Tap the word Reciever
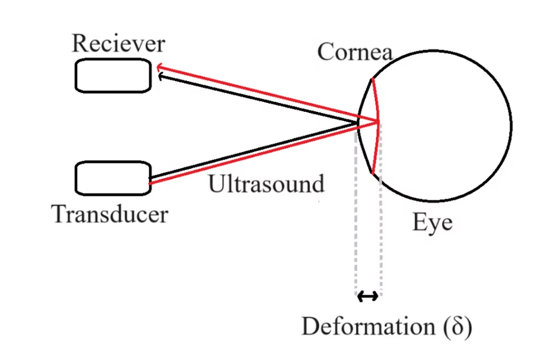pos(118,44)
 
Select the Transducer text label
pos(110,214)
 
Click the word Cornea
pos(355,52)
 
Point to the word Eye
pos(432,223)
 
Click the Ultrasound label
pos(266,184)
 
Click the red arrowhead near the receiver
pos(159,69)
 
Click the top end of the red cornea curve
pos(371,79)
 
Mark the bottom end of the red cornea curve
pos(373,174)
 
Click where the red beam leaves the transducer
pos(152,183)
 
